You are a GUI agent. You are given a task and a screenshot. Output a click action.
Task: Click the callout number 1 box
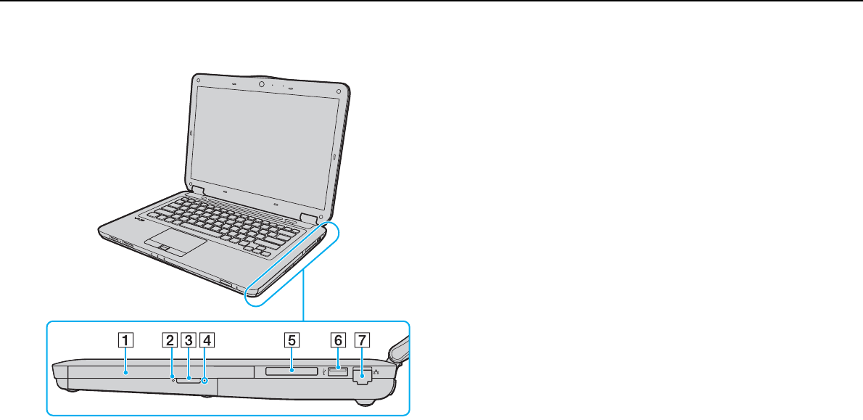(x=125, y=339)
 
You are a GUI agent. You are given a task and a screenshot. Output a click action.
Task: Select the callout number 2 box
(x=170, y=339)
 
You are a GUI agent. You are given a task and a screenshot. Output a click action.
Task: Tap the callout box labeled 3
(x=188, y=339)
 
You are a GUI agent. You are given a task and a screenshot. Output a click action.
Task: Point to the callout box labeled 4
(x=207, y=339)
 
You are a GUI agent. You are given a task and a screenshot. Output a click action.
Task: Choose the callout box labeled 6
(x=338, y=339)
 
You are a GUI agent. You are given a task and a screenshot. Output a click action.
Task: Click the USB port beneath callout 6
(x=338, y=372)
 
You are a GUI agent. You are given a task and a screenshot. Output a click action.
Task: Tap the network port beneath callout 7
(x=360, y=376)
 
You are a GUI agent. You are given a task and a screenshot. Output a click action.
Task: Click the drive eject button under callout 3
(x=189, y=377)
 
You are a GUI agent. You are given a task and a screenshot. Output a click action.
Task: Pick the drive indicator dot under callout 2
(x=173, y=376)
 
